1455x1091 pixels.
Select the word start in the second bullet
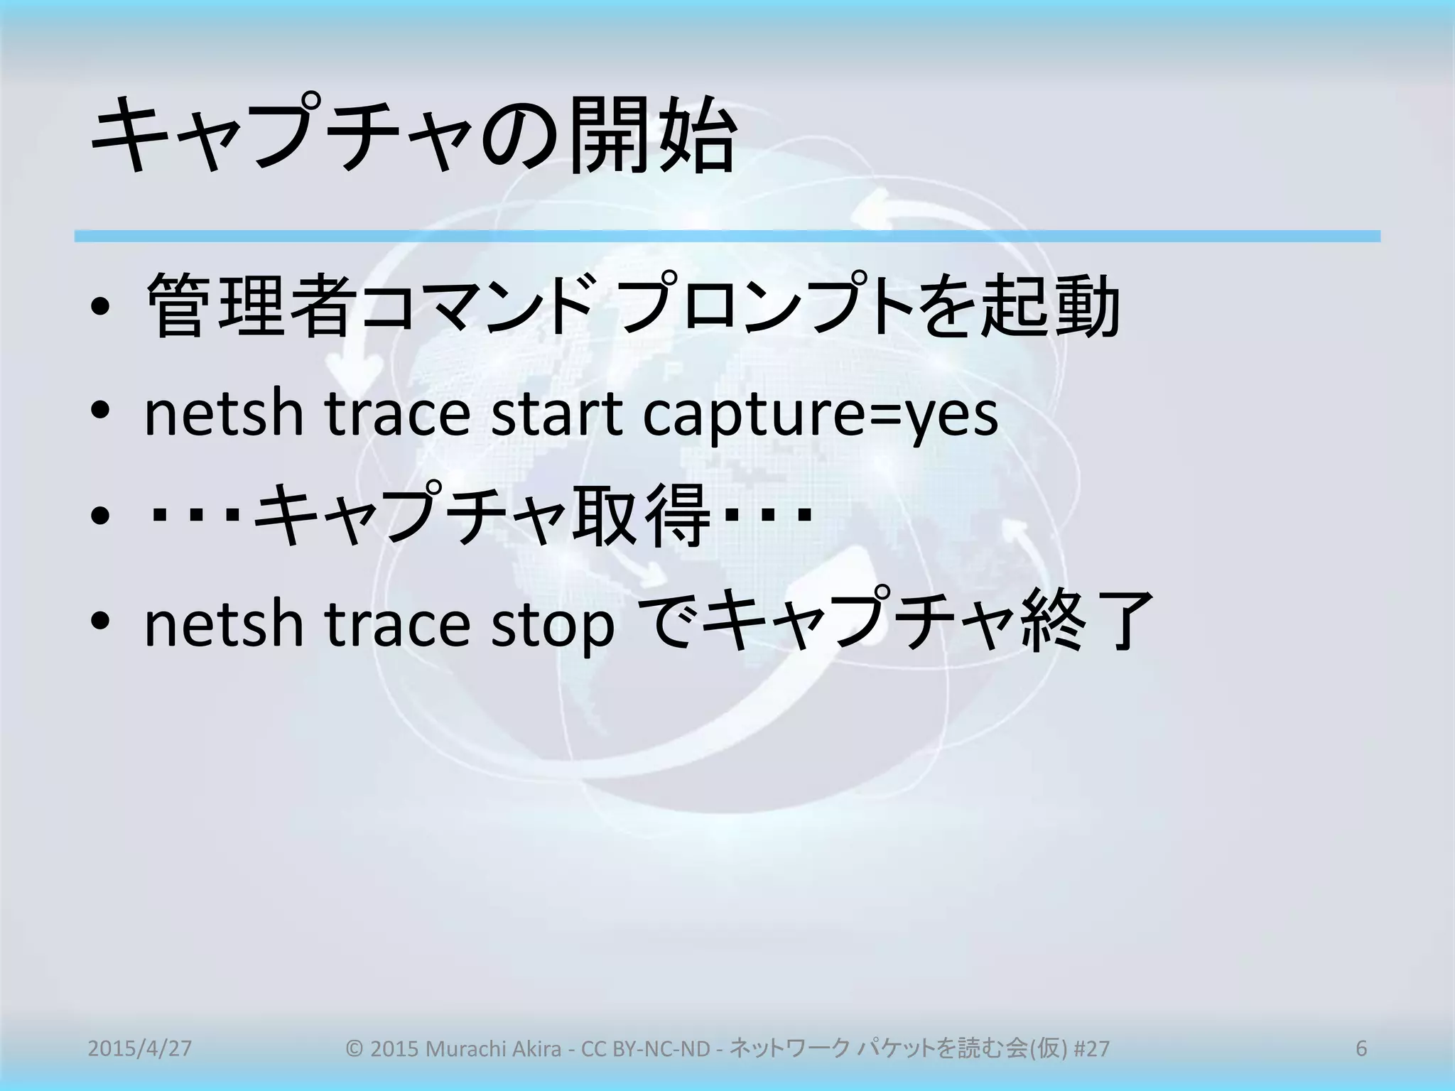[556, 414]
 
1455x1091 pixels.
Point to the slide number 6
[1361, 1048]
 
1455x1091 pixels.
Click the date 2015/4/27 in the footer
[139, 1048]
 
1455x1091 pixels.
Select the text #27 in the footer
[1091, 1048]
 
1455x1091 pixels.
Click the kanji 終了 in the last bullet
[1086, 621]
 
